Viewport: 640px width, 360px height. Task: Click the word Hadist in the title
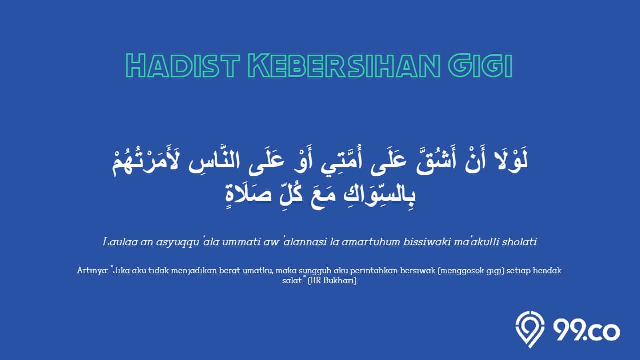click(182, 65)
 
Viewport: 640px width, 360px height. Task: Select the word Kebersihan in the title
click(344, 65)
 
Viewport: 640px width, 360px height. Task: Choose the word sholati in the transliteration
click(519, 242)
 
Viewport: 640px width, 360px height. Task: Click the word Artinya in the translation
click(92, 271)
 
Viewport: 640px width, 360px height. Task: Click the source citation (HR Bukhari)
click(332, 281)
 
